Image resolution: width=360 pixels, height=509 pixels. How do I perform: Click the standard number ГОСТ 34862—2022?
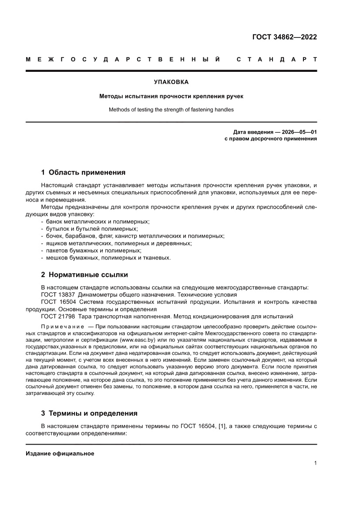(284, 37)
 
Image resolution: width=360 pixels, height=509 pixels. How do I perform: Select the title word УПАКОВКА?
(171, 81)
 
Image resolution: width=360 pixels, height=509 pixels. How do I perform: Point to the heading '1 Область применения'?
(83, 172)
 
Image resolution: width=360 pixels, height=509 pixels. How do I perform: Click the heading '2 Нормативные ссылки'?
(84, 275)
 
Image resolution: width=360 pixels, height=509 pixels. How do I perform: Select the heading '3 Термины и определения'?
(89, 413)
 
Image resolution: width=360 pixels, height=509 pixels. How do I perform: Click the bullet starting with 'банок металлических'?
(95, 222)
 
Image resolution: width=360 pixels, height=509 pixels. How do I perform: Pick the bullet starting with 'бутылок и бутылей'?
(89, 229)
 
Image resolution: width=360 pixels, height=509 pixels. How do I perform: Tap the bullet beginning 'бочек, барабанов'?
(132, 236)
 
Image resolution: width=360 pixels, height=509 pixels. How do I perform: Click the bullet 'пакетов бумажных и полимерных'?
(91, 250)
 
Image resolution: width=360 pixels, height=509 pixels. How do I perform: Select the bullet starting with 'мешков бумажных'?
(106, 258)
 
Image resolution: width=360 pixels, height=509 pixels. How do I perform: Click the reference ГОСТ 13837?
(57, 295)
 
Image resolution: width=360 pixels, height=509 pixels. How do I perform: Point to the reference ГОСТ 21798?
(57, 316)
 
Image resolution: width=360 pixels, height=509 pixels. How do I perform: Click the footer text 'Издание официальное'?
(60, 453)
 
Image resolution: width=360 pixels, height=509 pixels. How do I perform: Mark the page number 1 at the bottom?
(315, 463)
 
